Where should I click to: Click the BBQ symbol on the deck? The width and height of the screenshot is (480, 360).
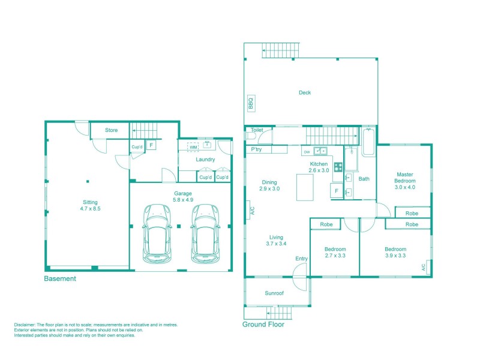pos(251,103)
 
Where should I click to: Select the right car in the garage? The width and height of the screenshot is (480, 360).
pos(204,233)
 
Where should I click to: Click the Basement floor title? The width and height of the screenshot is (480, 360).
pos(60,279)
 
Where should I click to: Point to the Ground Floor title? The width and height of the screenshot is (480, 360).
pos(263,325)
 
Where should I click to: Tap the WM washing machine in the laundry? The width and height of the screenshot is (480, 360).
pos(193,146)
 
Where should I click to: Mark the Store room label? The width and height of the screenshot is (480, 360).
pos(112,130)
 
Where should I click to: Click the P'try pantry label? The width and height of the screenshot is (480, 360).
pos(256,149)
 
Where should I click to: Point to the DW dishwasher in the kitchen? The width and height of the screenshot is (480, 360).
pos(307,151)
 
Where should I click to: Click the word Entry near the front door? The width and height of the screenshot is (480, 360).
pos(301,259)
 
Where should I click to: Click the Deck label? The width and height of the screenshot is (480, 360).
pos(305,92)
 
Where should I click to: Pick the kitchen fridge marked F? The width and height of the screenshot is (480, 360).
pos(337,191)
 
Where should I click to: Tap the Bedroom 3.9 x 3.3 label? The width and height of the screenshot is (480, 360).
pos(395,252)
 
